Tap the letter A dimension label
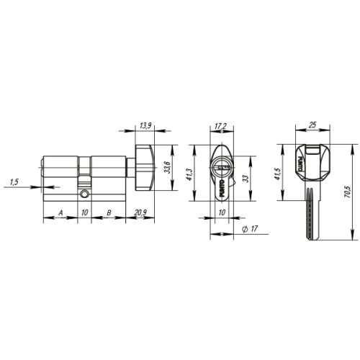pyautogui.click(x=61, y=212)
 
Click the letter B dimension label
pyautogui.click(x=108, y=212)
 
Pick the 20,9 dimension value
pyautogui.click(x=141, y=212)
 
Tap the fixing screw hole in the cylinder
pyautogui.click(x=85, y=194)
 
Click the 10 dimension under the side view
pyautogui.click(x=84, y=212)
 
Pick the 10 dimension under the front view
pyautogui.click(x=222, y=212)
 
